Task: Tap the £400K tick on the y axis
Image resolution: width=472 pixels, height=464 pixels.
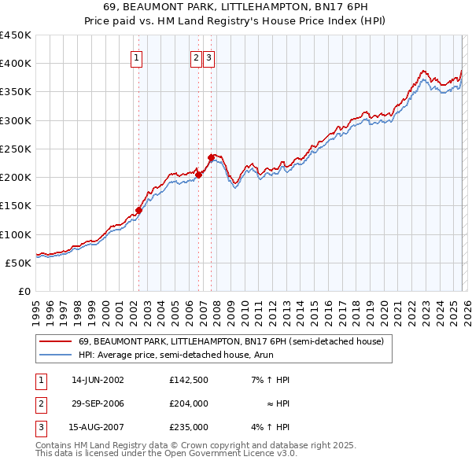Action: (x=16, y=64)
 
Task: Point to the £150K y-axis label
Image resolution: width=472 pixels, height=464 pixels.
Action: (x=16, y=206)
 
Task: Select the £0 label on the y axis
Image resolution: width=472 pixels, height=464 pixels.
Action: (x=24, y=291)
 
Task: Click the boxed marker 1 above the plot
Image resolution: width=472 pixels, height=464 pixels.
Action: (x=137, y=57)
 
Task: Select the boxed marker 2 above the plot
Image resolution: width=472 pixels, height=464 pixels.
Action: (x=195, y=57)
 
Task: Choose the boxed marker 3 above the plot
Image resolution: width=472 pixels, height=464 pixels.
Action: (x=208, y=57)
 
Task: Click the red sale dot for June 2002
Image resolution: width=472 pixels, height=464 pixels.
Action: (x=139, y=210)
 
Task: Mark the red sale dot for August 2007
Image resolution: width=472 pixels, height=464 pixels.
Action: (x=211, y=158)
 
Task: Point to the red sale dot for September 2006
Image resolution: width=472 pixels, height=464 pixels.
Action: (x=199, y=175)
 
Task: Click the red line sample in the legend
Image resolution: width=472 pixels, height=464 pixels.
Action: (x=55, y=342)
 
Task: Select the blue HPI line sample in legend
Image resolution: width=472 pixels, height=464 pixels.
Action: (x=55, y=355)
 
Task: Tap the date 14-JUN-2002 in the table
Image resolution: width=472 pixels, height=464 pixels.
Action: (x=98, y=380)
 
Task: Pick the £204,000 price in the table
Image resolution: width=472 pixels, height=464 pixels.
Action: (x=189, y=403)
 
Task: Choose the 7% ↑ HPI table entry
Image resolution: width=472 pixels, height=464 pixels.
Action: (x=271, y=380)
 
